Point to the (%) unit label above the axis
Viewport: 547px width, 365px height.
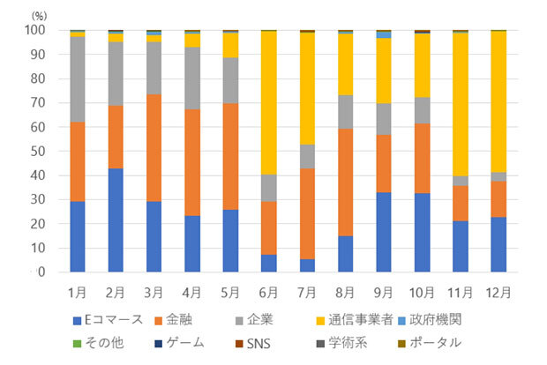(x=41, y=15)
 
